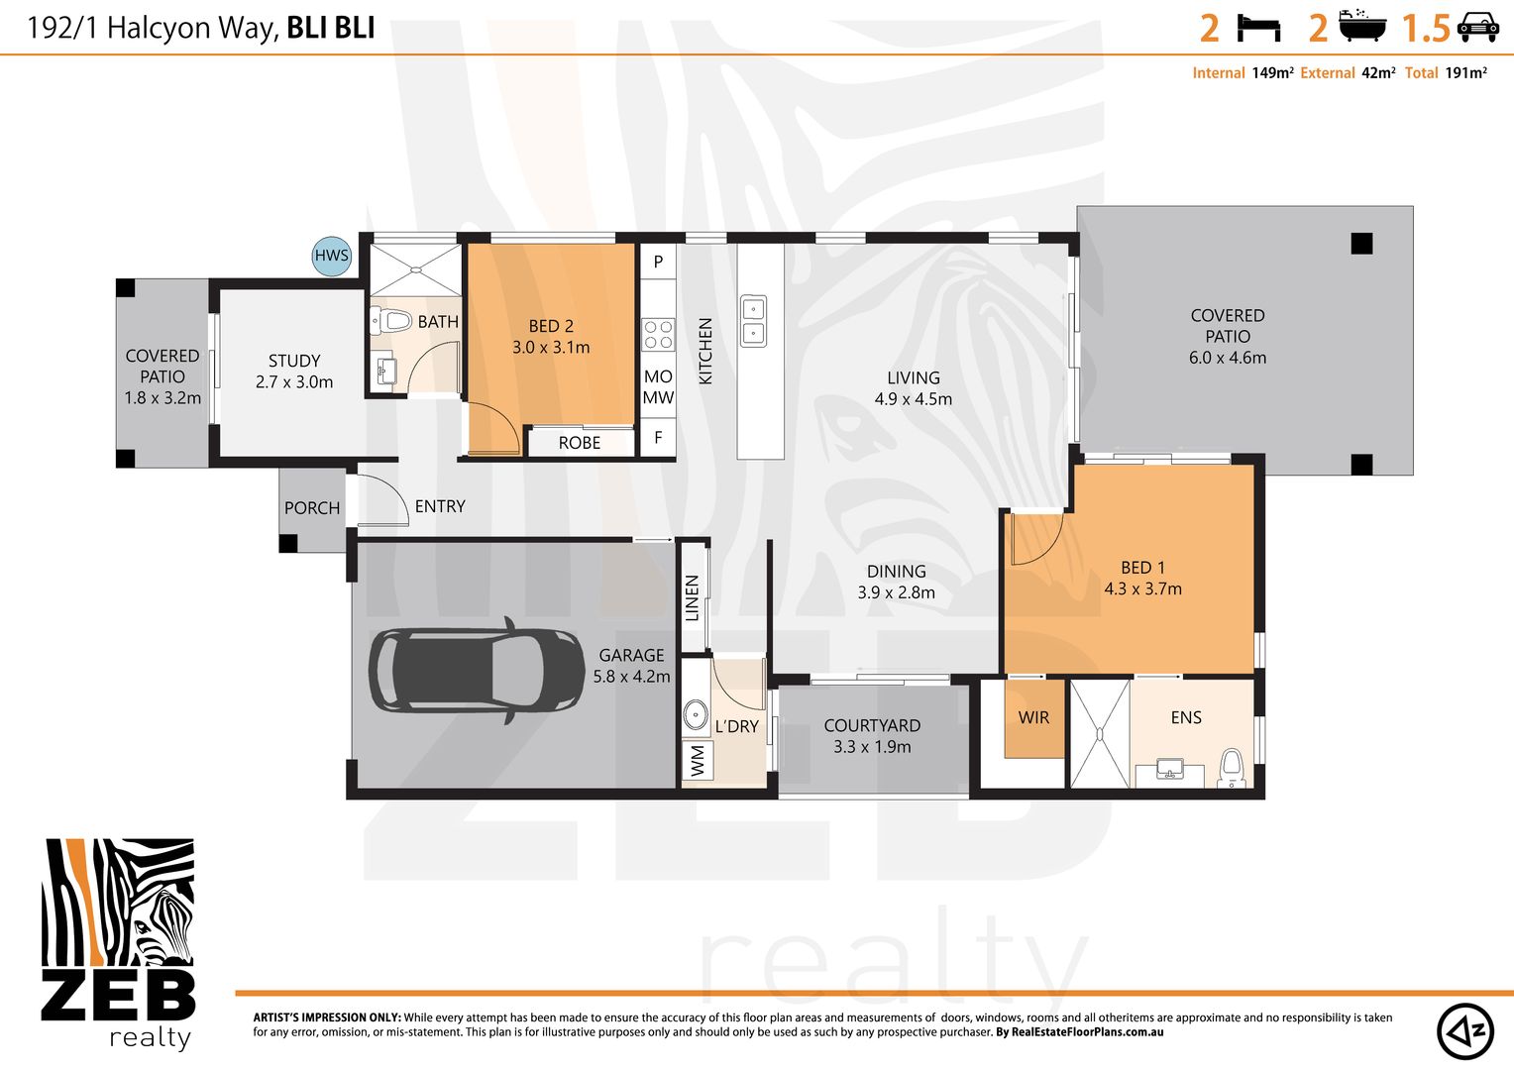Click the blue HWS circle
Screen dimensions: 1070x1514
(x=331, y=256)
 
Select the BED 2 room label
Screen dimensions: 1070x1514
(x=551, y=326)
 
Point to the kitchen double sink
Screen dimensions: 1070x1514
(x=754, y=321)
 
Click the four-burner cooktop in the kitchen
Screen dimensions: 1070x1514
(x=658, y=335)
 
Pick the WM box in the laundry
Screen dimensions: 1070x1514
(x=698, y=761)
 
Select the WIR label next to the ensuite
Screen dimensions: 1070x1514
(x=1033, y=717)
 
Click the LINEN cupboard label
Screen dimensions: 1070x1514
(x=693, y=598)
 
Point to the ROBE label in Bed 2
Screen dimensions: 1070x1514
(x=580, y=443)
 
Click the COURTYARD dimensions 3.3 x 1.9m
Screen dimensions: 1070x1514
(x=872, y=747)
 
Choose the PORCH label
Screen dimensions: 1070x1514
(x=312, y=508)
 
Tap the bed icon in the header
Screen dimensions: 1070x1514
(x=1258, y=28)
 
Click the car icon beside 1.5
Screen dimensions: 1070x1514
(x=1477, y=28)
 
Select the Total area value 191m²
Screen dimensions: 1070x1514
(x=1465, y=72)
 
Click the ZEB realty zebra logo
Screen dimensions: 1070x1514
(x=118, y=941)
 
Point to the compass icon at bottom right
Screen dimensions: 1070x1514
(x=1465, y=1031)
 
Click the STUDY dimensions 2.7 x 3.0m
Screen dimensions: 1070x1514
(x=294, y=382)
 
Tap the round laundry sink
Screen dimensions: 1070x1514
(x=696, y=713)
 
